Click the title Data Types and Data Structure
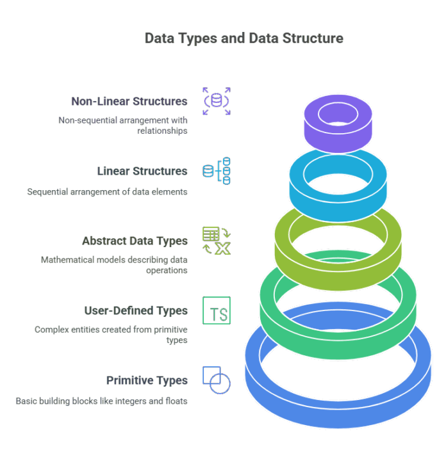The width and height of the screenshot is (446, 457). (244, 38)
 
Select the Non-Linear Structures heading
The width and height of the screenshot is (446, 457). (129, 101)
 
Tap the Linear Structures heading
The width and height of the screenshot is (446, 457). (142, 171)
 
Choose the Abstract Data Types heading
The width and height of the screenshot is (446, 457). (135, 241)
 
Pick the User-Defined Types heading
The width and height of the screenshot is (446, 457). (136, 310)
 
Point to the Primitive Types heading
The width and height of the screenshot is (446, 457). (147, 380)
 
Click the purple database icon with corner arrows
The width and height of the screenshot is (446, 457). (217, 101)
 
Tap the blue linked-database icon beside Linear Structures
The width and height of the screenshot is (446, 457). (217, 171)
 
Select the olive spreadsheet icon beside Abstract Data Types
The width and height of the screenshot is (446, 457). (217, 241)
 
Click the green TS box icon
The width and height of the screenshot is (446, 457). (217, 310)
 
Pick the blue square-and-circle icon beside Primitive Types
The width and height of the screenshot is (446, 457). (217, 380)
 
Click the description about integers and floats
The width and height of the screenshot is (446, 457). (101, 401)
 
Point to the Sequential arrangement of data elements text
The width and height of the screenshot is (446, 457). (107, 191)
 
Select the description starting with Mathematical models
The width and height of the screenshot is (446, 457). (114, 265)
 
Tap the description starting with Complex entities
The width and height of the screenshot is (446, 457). (111, 335)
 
